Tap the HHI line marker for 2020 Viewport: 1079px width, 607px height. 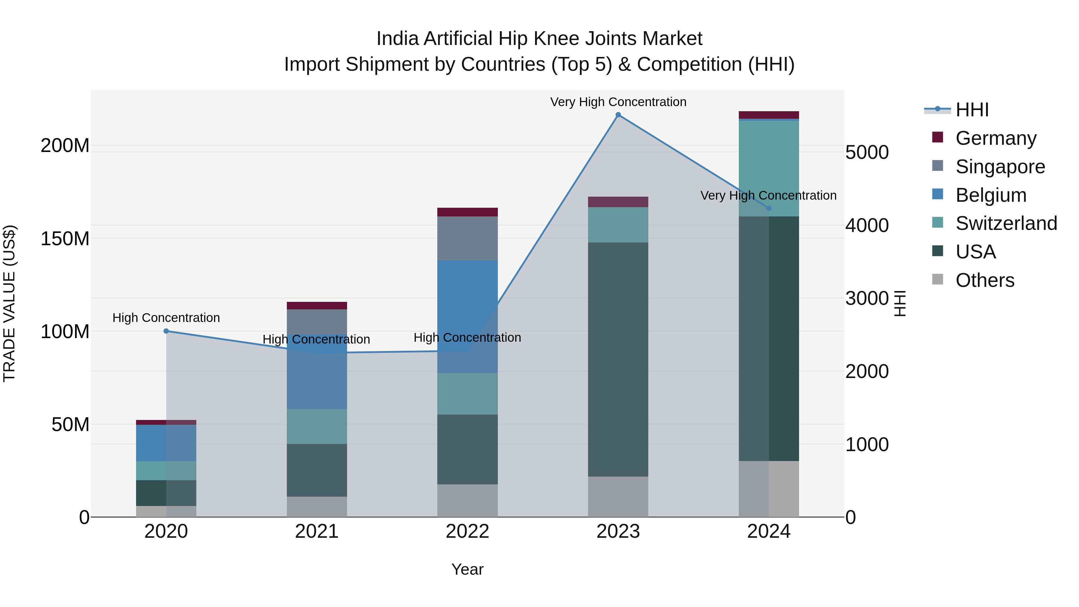tap(166, 331)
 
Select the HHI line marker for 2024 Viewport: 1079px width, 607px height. tap(768, 208)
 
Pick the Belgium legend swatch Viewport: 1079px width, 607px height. tap(938, 195)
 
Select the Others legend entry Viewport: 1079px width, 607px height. tap(984, 280)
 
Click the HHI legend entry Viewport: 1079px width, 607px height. tap(972, 110)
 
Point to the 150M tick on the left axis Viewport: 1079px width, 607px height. tap(65, 239)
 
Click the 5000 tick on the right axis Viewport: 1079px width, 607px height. tap(866, 153)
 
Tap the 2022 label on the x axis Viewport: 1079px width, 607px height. tap(468, 531)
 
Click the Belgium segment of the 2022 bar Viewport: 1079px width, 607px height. tap(468, 316)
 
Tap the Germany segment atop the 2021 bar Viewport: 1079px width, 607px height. tap(317, 305)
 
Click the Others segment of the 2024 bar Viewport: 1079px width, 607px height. tap(768, 489)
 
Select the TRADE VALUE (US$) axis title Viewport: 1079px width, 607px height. tap(9, 303)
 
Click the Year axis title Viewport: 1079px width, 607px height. tap(468, 569)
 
